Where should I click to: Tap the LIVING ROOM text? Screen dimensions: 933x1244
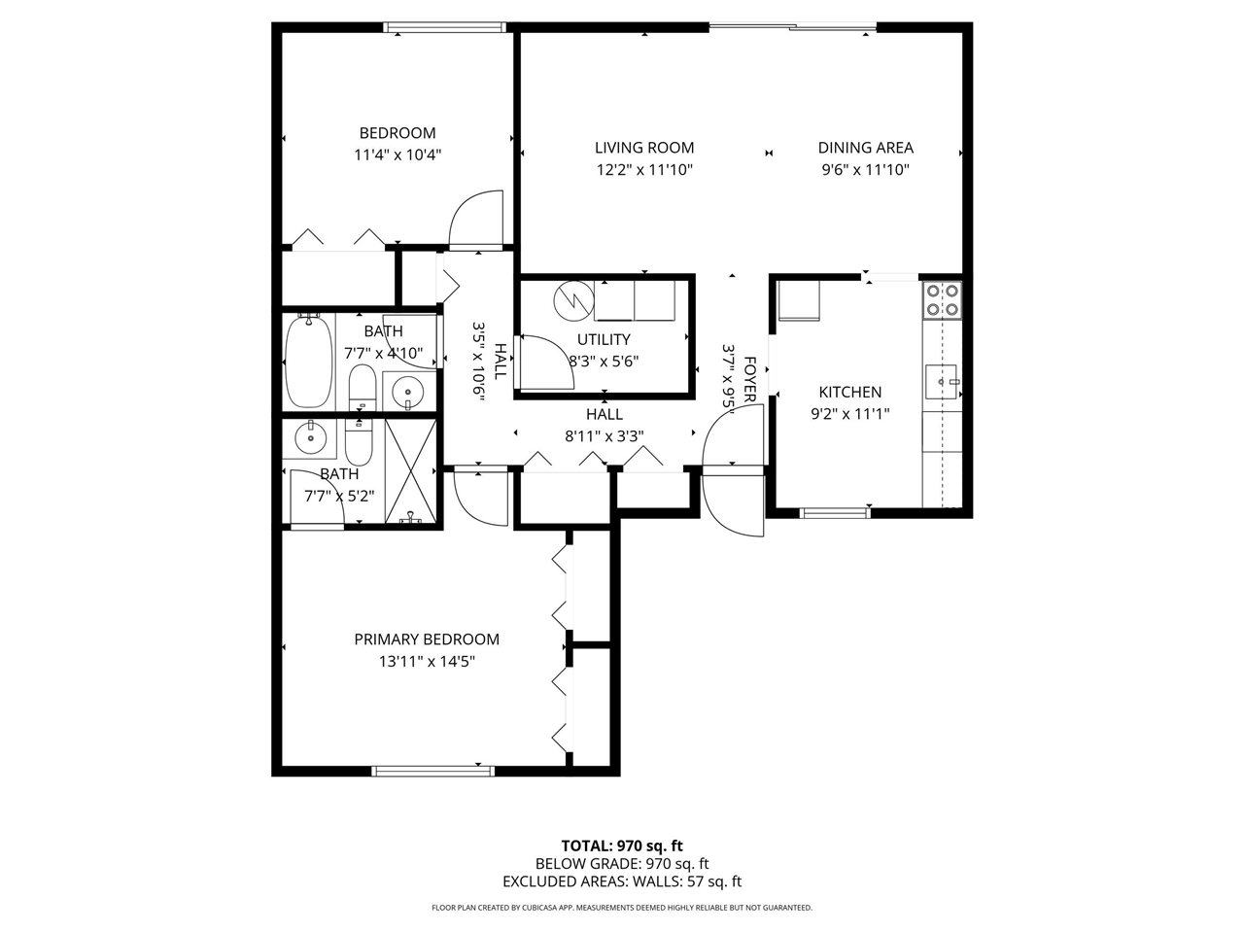coord(644,148)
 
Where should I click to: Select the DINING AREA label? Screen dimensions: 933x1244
coord(865,148)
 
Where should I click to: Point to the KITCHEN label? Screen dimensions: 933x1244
coord(849,392)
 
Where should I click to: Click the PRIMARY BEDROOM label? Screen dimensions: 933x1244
coord(427,639)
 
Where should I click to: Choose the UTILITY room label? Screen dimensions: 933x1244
coord(604,339)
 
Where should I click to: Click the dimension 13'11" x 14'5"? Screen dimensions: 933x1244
coord(427,662)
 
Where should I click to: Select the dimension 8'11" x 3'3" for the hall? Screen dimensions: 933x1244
coord(604,436)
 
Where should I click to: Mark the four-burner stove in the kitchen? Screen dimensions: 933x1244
coord(942,299)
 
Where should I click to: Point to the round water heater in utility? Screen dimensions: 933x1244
coord(573,300)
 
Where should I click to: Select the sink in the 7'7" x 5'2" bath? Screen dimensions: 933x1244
coord(311,439)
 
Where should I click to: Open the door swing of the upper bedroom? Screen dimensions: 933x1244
coord(476,220)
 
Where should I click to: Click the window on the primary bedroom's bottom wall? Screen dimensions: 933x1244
coord(432,772)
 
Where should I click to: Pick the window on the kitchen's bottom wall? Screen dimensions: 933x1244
coord(834,512)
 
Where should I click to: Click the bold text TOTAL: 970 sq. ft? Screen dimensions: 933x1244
coord(622,846)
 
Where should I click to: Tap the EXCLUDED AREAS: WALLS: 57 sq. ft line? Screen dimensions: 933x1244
coord(622,881)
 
